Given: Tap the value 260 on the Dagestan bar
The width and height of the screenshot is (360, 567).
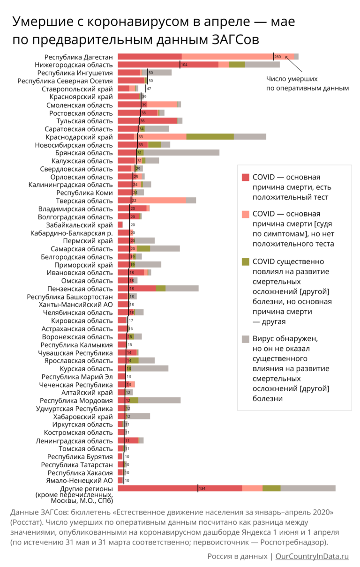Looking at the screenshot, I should [x=277, y=57].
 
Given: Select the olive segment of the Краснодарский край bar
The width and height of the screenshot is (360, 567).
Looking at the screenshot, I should [x=210, y=137].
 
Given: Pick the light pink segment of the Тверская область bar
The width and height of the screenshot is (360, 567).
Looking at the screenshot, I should [x=159, y=201].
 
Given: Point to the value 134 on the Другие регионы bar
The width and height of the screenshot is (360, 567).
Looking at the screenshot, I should [x=202, y=488].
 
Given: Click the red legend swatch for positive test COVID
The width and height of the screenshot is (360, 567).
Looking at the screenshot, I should [x=246, y=177].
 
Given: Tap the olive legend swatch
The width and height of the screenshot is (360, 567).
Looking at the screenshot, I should [x=246, y=261].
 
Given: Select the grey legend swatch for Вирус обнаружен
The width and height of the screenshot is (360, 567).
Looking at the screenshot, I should [x=246, y=338].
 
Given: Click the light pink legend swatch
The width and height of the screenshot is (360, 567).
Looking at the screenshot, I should [x=246, y=214].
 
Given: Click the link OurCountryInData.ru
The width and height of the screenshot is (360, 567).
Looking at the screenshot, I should [x=312, y=556].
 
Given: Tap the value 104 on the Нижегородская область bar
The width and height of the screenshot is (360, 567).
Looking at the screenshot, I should [x=184, y=65].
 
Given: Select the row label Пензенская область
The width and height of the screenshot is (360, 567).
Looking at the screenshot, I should [x=80, y=289].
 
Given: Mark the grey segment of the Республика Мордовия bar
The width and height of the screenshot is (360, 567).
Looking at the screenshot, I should [x=159, y=401].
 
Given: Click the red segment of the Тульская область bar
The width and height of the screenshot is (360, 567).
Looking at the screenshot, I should [x=147, y=121].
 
